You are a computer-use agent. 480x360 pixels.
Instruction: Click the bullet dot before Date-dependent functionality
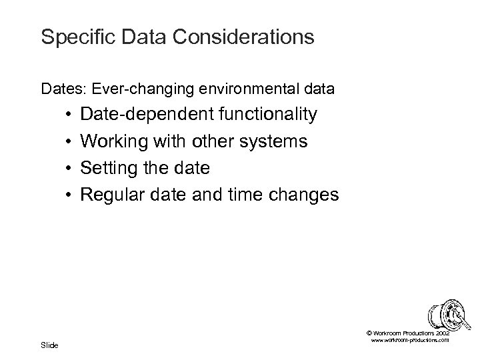tap(69, 115)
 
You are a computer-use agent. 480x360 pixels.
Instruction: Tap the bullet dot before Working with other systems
tap(69, 142)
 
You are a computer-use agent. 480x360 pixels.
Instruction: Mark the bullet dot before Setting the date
tap(69, 169)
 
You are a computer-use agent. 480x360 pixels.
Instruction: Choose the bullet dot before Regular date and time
tap(69, 195)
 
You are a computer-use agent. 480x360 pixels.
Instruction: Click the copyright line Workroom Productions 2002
tap(407, 332)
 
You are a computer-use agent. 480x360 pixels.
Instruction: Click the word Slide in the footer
tap(49, 345)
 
